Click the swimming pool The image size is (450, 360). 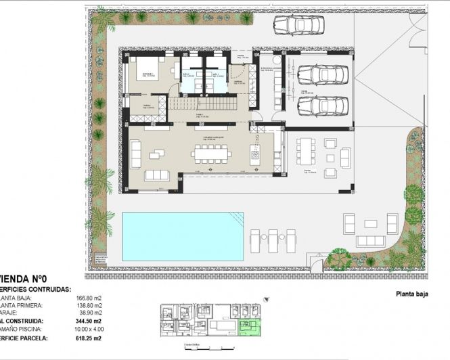pyautogui.click(x=183, y=236)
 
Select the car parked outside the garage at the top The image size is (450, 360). pyautogui.click(x=298, y=25)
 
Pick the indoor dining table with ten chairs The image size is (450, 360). pyautogui.click(x=210, y=154)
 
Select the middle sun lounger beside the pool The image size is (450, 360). pyautogui.click(x=273, y=240)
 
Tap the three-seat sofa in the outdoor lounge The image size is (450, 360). pyautogui.click(x=370, y=241)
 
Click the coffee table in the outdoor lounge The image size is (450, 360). pyautogui.click(x=370, y=223)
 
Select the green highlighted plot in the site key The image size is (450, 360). pyautogui.click(x=251, y=328)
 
